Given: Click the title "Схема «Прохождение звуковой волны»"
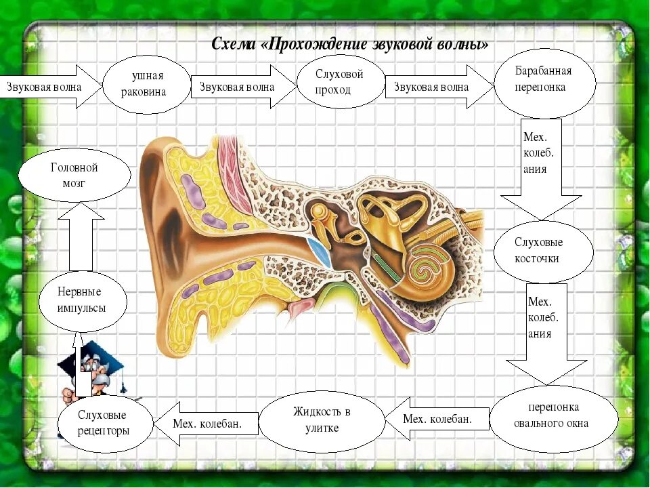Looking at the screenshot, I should (x=349, y=45).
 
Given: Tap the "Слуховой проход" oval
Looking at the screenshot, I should (x=340, y=82).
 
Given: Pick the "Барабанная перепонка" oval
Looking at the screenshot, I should (x=544, y=83).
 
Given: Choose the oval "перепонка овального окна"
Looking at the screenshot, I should (x=553, y=415).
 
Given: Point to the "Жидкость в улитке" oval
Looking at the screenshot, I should (x=322, y=421).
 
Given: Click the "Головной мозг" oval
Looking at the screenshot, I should (x=74, y=175).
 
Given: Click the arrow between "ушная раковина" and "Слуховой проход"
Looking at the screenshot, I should (x=241, y=87).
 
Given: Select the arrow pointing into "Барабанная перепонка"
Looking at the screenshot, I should (x=437, y=87).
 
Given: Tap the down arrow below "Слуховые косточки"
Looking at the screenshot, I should (x=546, y=335).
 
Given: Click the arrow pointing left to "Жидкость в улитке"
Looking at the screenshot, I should (x=437, y=420).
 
